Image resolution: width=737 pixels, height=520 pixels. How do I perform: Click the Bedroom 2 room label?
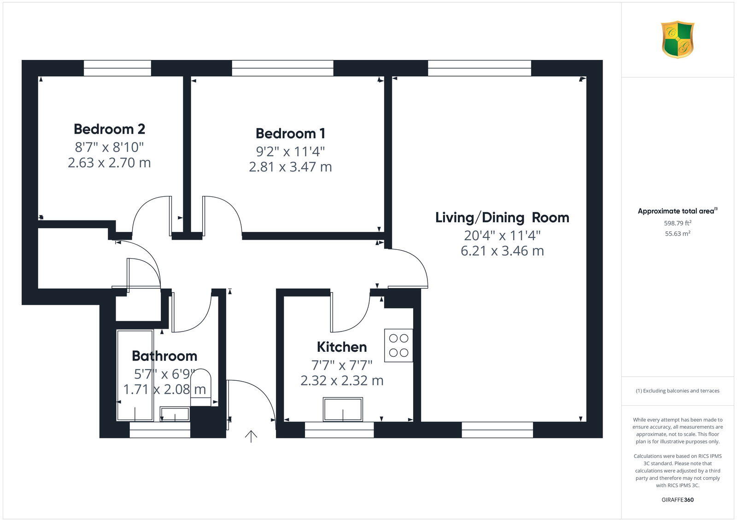point(109,129)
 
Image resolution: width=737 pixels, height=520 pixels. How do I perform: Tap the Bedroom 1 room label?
point(290,133)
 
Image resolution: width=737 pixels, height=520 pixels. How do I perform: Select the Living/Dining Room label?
point(502,217)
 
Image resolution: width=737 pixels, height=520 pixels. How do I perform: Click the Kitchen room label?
point(342,347)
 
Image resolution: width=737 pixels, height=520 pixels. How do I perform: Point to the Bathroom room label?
point(164,356)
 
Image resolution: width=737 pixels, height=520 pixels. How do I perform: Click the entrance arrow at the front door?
point(251,436)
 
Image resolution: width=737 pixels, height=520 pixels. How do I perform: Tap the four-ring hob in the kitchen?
point(398,345)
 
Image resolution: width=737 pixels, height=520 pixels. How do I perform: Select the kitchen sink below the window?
point(343,409)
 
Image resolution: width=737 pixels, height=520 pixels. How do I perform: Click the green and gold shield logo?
point(678,39)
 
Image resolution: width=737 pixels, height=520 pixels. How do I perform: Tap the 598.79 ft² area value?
point(678,223)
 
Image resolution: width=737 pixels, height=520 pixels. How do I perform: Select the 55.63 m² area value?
point(678,234)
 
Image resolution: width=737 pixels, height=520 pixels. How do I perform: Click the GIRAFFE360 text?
point(678,500)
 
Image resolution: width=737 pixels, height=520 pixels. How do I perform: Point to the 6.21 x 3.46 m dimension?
point(502,251)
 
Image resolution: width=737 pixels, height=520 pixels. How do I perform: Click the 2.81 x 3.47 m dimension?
point(290,167)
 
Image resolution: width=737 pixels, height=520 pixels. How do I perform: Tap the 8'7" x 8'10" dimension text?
point(109,148)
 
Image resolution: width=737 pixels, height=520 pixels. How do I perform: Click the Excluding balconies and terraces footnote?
point(678,391)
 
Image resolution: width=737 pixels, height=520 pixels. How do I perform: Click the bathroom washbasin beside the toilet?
point(175,414)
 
